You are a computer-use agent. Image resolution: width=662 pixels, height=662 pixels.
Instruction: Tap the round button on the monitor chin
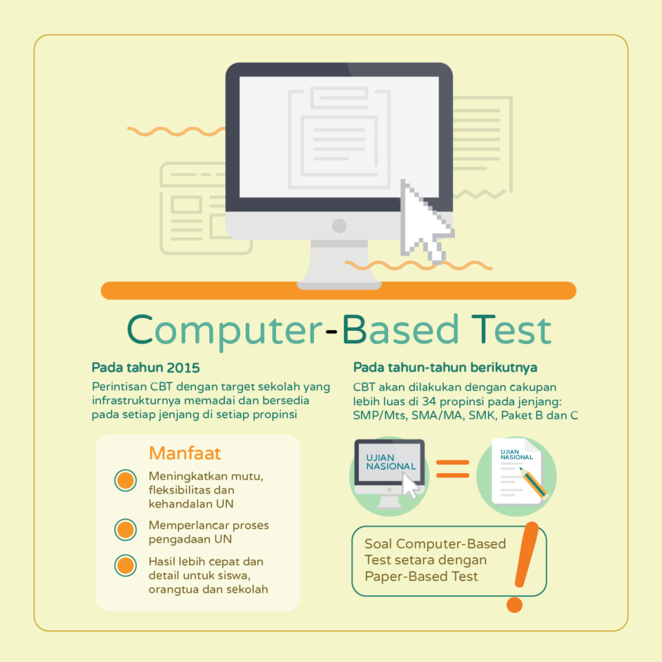pos(339,226)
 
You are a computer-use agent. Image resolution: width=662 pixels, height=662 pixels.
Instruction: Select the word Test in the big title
pos(512,330)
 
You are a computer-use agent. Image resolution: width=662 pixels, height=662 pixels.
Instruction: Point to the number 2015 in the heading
pos(183,368)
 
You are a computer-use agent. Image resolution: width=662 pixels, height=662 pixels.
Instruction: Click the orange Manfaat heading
pos(185,453)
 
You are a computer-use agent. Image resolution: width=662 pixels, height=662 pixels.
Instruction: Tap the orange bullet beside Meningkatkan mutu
pos(126,481)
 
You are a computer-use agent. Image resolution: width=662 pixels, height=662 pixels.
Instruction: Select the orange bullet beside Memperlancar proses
pos(126,530)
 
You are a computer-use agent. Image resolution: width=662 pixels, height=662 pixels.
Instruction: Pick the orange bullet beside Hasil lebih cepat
pos(126,565)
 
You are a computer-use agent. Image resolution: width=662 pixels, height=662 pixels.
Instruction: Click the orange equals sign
pos(453,469)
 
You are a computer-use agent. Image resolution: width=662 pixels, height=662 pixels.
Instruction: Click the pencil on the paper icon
pos(534,483)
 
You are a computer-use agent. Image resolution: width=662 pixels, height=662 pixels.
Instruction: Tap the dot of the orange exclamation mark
pos(514,605)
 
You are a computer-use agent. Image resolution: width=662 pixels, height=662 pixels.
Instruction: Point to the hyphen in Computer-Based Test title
pos(332,332)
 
